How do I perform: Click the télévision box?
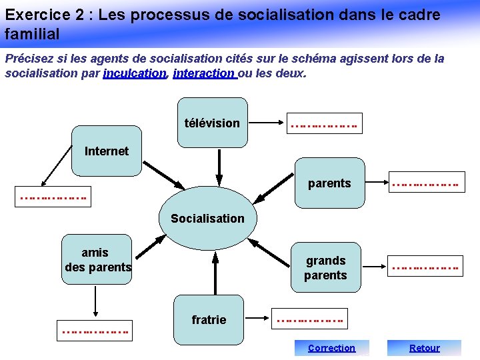[213, 122]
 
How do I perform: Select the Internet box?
[107, 151]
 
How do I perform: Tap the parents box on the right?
[329, 183]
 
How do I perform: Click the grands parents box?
[325, 267]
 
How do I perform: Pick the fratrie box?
[209, 320]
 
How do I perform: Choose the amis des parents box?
[97, 260]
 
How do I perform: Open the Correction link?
[331, 347]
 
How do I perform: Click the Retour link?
[424, 347]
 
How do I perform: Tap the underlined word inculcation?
[135, 73]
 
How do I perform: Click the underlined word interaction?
[203, 73]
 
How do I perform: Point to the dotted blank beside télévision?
[323, 123]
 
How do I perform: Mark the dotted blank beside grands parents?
[425, 267]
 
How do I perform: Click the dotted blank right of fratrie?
[310, 320]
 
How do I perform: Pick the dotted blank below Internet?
[53, 197]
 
